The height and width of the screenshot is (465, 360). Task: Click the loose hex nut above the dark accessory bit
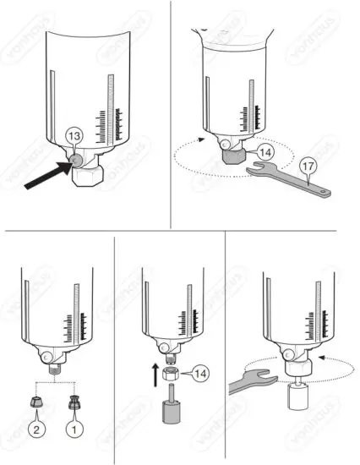(169, 372)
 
